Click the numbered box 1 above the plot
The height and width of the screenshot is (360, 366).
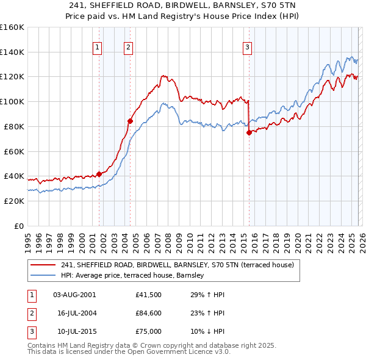pos(98,48)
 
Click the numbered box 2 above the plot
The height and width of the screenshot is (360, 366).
pos(129,48)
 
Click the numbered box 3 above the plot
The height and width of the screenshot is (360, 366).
pos(247,48)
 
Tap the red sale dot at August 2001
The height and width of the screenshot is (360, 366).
pos(99,174)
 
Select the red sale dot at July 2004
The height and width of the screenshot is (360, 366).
pos(130,121)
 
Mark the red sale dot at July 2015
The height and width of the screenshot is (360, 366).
pos(249,132)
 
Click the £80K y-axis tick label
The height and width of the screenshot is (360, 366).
pos(13,126)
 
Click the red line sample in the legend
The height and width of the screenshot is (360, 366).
pos(43,265)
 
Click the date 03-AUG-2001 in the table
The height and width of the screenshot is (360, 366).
pos(74,295)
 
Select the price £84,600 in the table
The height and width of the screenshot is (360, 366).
pos(149,313)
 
